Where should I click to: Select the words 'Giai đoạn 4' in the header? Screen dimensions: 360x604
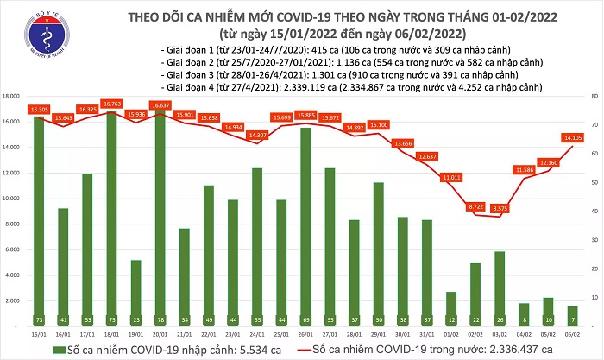tap(193, 87)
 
